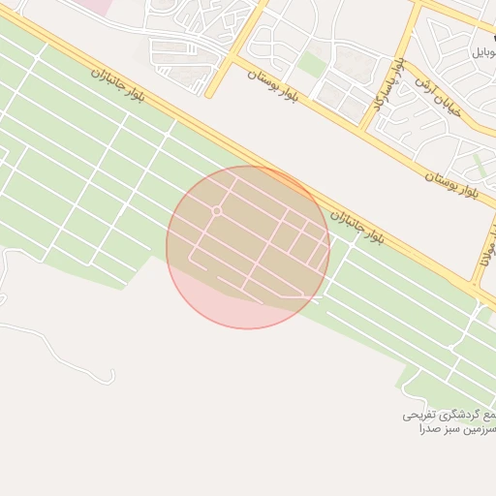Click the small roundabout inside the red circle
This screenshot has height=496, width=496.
[x=217, y=210]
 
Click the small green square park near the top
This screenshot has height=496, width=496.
[x=311, y=65]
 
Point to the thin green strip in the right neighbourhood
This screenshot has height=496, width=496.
[x=480, y=165]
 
